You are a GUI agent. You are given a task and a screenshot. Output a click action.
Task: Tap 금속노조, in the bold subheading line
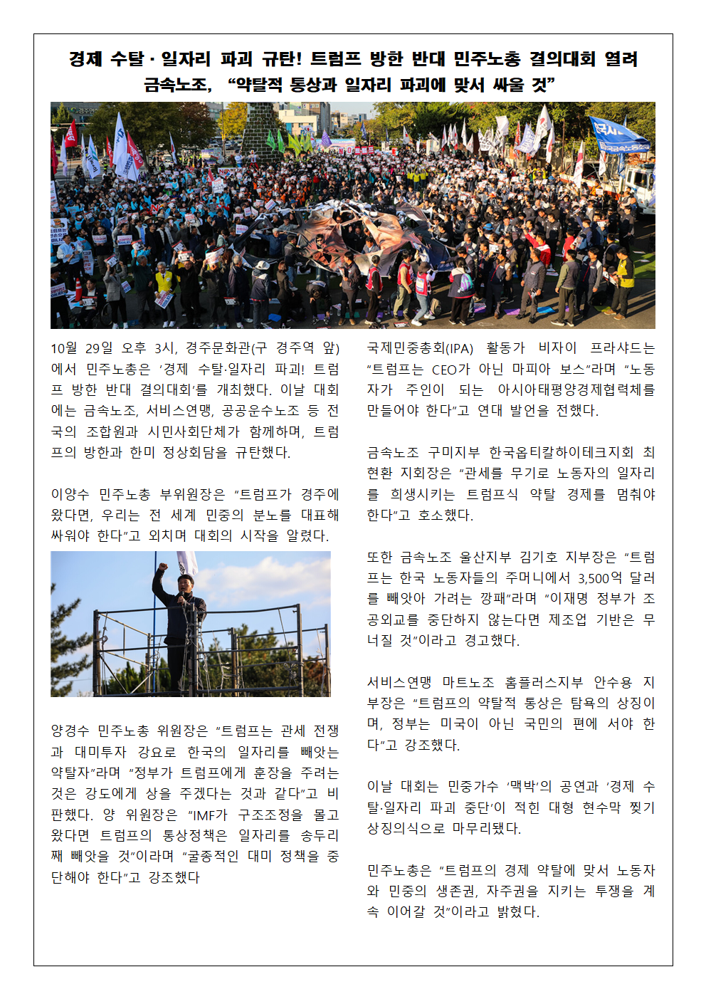(x=178, y=85)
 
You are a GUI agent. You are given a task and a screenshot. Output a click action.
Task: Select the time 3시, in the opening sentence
(x=164, y=348)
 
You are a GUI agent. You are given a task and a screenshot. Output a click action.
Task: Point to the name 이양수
(x=69, y=494)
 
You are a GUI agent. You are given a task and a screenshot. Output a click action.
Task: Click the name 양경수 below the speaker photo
(x=70, y=731)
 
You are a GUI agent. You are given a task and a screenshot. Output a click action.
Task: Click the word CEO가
(x=451, y=369)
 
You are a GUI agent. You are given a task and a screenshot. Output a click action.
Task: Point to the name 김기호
(x=539, y=557)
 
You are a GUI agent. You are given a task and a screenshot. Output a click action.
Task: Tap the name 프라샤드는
(x=622, y=348)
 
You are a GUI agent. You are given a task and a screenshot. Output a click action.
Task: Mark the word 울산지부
(x=485, y=557)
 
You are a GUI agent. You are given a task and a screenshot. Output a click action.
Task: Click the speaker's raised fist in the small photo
(x=163, y=568)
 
